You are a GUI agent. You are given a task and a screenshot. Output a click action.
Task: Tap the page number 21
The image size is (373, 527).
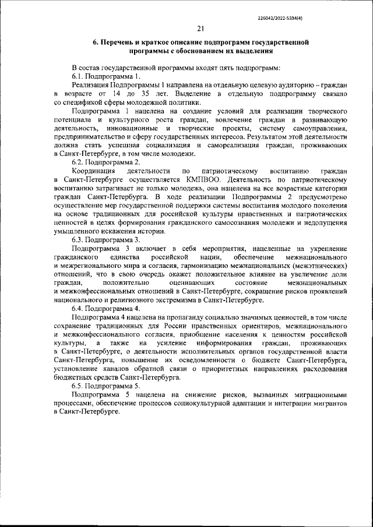tap(200, 29)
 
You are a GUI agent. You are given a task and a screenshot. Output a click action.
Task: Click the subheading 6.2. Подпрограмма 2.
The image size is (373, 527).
tap(105, 162)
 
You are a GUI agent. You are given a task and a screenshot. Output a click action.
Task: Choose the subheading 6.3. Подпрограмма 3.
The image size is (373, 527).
tap(105, 239)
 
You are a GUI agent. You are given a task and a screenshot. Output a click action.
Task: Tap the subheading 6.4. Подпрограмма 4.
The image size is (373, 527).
tap(105, 308)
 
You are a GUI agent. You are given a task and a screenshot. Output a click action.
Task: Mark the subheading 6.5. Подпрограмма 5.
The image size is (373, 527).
tap(105, 386)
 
